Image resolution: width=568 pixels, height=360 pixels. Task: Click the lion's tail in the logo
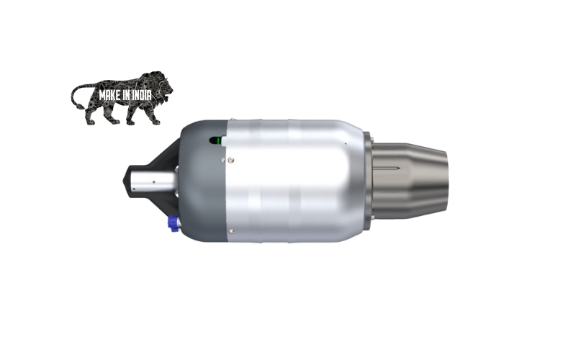click(x=76, y=94)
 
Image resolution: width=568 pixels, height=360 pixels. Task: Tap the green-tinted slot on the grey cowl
click(x=213, y=140)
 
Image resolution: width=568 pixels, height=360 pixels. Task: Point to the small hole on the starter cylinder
click(x=153, y=183)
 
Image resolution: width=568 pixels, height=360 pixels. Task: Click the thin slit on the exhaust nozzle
click(x=392, y=168)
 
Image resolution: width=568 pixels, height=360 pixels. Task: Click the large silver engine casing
click(x=288, y=180)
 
